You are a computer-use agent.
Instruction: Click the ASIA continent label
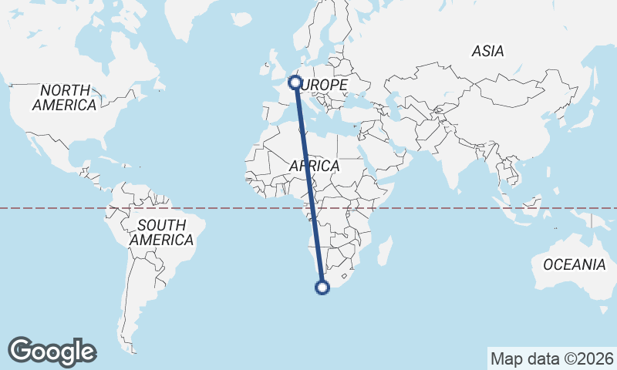pyautogui.click(x=488, y=52)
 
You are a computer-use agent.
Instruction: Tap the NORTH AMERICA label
pyautogui.click(x=65, y=97)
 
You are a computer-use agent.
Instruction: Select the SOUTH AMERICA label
pyautogui.click(x=161, y=233)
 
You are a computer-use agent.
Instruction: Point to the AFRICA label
pyautogui.click(x=315, y=166)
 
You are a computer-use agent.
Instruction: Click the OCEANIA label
pyautogui.click(x=574, y=264)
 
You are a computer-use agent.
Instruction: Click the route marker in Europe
pyautogui.click(x=295, y=81)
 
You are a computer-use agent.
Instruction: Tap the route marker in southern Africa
pyautogui.click(x=322, y=288)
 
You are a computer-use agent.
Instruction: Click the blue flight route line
pyautogui.click(x=308, y=185)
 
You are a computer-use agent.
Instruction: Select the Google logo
pyautogui.click(x=52, y=351)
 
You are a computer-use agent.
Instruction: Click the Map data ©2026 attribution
pyautogui.click(x=552, y=358)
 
